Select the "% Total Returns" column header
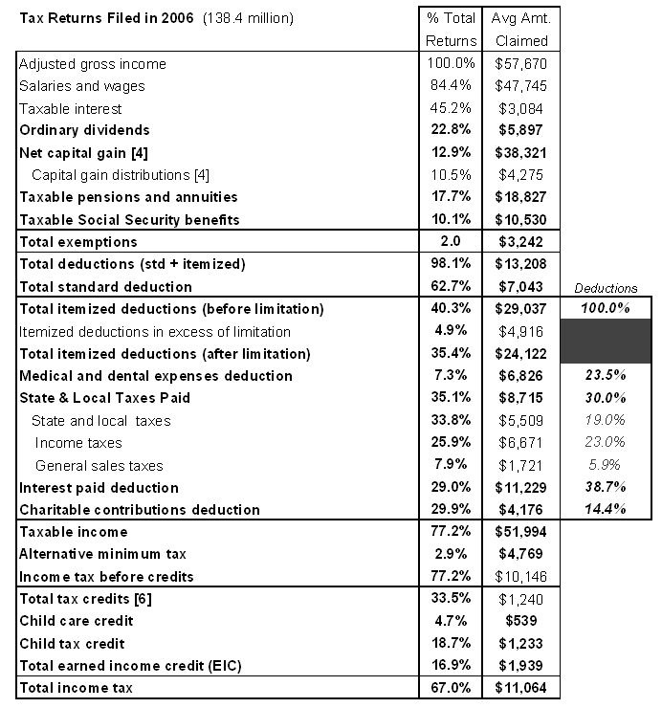[x=451, y=30]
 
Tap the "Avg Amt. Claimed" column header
[x=521, y=30]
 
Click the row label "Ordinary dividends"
[x=84, y=130]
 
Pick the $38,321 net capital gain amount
[x=521, y=152]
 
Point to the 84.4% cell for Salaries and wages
[x=451, y=85]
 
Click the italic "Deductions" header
[x=607, y=287]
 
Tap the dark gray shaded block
[x=607, y=342]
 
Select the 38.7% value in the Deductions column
[x=607, y=487]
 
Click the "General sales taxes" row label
[x=99, y=465]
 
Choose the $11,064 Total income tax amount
[x=521, y=687]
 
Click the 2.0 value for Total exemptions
[x=451, y=241]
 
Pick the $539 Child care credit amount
[x=521, y=621]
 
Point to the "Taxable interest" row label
[x=71, y=108]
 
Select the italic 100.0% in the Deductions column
[x=607, y=309]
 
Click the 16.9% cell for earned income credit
[x=451, y=665]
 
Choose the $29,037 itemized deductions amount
[x=521, y=309]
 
